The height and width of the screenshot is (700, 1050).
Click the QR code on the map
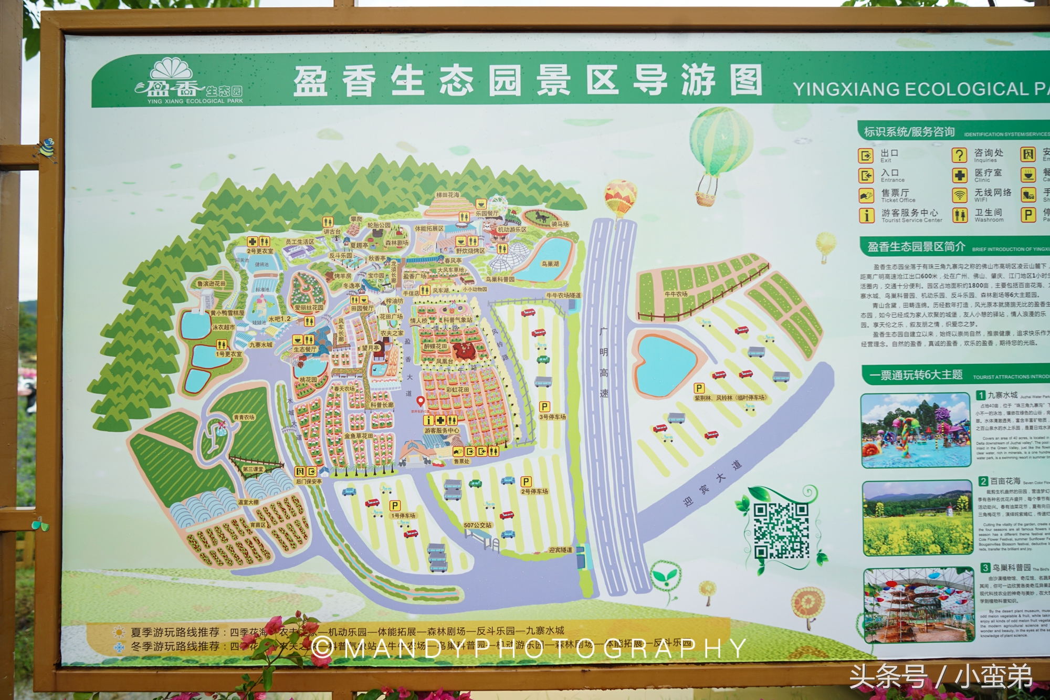781,530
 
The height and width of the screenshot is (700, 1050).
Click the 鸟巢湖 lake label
550,264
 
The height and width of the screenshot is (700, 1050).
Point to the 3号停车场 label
552,416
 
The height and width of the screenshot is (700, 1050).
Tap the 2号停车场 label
534,492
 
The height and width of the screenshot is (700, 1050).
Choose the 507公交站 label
477,525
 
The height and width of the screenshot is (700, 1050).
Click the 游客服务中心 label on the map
442,431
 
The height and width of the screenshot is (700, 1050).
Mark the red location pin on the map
420,402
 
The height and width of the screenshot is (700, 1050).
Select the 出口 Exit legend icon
865,155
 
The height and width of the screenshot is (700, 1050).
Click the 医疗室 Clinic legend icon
959,175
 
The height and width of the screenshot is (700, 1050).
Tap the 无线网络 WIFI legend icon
959,195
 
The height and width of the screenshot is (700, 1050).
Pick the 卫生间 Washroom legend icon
960,215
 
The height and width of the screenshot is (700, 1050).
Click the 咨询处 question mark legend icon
959,155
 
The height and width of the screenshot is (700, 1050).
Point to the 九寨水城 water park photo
916,430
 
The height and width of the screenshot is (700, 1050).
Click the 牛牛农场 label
676,294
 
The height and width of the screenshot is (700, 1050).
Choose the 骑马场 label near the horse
560,224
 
